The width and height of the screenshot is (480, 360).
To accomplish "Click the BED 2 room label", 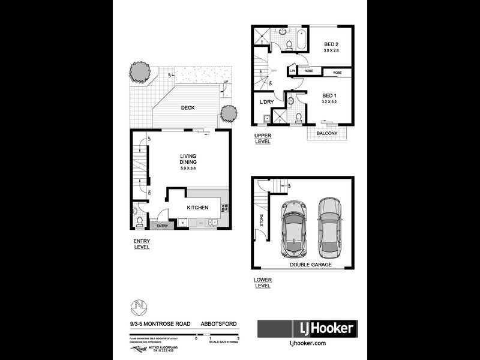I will [x=331, y=44].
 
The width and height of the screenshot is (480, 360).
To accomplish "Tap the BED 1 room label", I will [x=329, y=95].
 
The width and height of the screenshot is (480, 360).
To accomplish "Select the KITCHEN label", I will [x=197, y=208].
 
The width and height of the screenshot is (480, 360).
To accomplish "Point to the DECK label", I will [x=188, y=108].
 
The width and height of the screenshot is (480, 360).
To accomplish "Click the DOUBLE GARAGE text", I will [x=311, y=264].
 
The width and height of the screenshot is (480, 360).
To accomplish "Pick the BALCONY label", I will [x=327, y=133].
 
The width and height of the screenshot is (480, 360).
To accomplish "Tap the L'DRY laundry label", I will [x=266, y=102].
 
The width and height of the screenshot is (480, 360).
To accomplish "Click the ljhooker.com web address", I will [x=307, y=343].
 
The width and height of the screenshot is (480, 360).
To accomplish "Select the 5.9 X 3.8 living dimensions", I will [x=188, y=168].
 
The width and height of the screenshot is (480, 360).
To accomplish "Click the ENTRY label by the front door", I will [x=161, y=226].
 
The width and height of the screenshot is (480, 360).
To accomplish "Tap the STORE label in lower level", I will [x=262, y=220].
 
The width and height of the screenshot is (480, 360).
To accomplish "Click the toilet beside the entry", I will [x=139, y=222].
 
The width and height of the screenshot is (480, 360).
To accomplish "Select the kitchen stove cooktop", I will [x=225, y=208].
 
